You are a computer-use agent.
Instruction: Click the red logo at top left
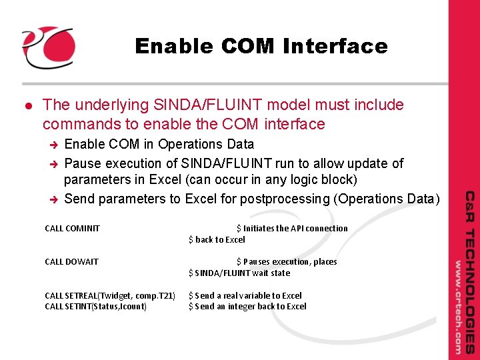click(48, 47)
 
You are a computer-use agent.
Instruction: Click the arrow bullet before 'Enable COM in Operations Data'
click(56, 145)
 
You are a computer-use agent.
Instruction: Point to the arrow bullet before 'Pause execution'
click(56, 164)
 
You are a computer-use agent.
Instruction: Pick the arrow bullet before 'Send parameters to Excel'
click(56, 199)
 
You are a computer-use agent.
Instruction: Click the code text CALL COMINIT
click(72, 229)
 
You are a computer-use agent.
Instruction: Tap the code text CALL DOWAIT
click(71, 262)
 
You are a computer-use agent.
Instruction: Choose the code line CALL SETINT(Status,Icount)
click(95, 307)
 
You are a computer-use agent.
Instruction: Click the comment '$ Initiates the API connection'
click(292, 229)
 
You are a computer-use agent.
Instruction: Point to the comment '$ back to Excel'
click(217, 240)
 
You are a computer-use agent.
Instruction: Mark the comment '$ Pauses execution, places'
click(287, 262)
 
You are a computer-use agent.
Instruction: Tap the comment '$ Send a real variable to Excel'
click(245, 295)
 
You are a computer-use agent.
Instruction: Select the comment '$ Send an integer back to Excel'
click(247, 307)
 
